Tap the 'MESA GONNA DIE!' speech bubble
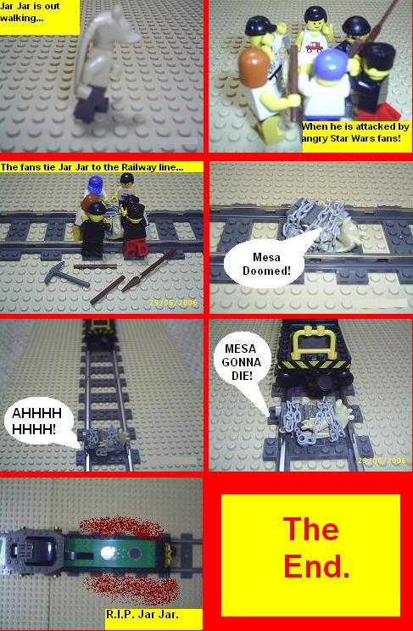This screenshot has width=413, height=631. tap(242, 362)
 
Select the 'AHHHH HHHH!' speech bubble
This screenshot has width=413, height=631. tap(37, 421)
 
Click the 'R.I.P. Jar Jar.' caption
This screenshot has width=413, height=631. tap(142, 615)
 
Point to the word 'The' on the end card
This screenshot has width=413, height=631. tap(310, 528)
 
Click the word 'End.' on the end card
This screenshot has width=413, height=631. tap(316, 566)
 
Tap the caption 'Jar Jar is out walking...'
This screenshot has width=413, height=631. tap(31, 12)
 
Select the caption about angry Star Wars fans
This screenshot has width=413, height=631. tap(355, 132)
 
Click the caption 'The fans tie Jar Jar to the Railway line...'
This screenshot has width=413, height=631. tap(92, 167)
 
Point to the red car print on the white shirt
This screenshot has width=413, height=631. tap(314, 47)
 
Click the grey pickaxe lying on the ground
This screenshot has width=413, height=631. tap(64, 274)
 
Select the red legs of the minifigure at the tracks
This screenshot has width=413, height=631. tap(135, 248)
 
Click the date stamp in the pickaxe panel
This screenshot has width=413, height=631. tap(173, 303)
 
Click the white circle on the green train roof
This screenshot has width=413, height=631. tap(107, 553)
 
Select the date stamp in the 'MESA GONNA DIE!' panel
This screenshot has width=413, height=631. tap(382, 461)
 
